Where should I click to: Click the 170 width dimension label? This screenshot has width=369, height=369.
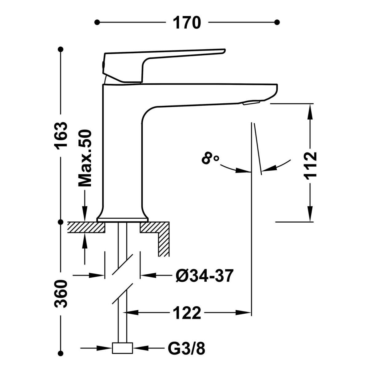click(187, 22)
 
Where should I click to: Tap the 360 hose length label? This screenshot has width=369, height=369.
click(61, 293)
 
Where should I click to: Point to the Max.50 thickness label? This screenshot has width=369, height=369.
click(85, 158)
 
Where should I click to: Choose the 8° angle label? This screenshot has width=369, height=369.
click(210, 159)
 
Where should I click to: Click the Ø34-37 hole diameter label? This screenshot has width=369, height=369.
click(204, 276)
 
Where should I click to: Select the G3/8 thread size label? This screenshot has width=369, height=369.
click(186, 349)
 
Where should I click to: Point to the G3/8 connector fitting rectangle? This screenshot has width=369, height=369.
click(122, 348)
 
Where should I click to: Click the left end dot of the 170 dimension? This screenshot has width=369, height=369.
click(97, 22)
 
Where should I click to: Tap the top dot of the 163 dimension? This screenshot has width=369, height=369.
click(61, 49)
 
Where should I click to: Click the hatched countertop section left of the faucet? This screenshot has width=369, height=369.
click(86, 228)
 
